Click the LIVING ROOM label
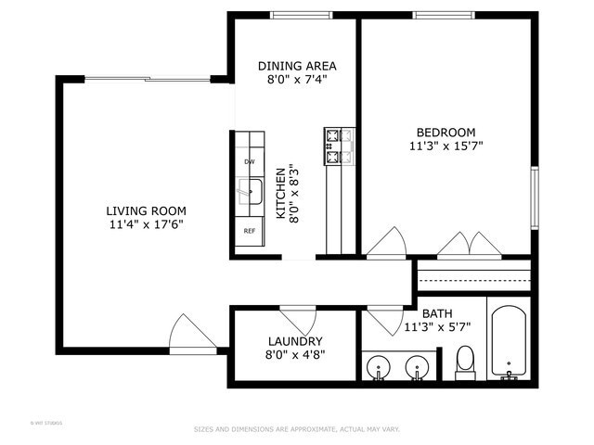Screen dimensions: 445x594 click(x=145, y=210)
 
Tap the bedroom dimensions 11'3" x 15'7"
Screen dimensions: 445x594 click(x=445, y=146)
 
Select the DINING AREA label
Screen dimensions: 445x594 click(x=297, y=66)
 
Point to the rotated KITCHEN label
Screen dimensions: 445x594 click(x=280, y=193)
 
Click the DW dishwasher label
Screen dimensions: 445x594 click(x=249, y=161)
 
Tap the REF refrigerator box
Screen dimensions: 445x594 click(x=249, y=231)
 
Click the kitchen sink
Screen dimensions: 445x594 click(x=250, y=193)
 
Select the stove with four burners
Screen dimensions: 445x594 click(x=339, y=146)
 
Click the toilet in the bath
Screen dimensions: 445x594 click(x=466, y=362)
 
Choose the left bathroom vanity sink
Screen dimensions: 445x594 click(x=379, y=367)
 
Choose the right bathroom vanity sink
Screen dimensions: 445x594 click(x=418, y=367)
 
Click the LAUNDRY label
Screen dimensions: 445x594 click(x=294, y=341)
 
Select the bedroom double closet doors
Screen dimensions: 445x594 click(x=469, y=243)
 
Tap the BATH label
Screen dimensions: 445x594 click(x=436, y=313)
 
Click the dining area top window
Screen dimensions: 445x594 click(x=299, y=15)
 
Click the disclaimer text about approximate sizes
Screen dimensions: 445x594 click(x=296, y=429)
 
